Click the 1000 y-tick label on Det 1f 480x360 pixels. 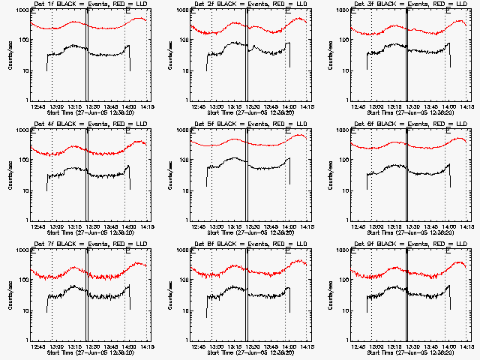tap(20, 12)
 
